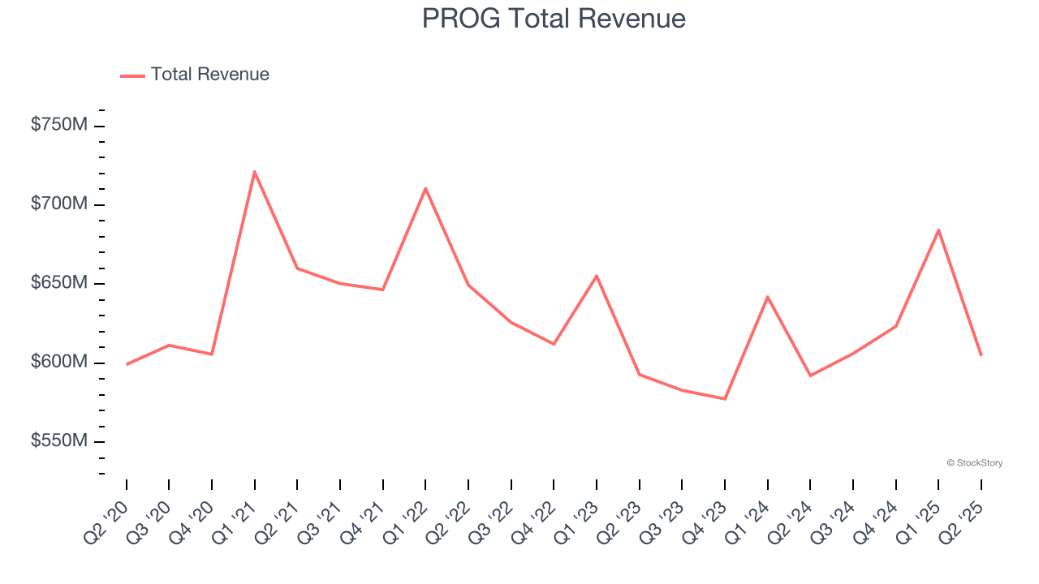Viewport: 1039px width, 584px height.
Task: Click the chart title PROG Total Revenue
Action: tap(554, 18)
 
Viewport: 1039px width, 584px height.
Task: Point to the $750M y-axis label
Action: tap(59, 125)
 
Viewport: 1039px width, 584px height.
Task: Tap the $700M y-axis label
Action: tap(59, 204)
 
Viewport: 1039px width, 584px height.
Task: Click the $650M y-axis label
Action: tap(59, 283)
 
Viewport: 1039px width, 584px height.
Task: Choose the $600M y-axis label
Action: tap(59, 362)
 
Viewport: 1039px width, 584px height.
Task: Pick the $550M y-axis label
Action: tap(59, 441)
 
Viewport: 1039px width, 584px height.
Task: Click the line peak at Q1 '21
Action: tap(255, 171)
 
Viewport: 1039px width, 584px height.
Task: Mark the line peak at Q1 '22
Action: tap(425, 188)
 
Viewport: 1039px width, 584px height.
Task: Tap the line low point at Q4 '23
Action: tap(725, 399)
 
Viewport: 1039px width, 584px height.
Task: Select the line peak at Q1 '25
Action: tap(938, 230)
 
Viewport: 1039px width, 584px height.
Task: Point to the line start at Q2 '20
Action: tap(127, 364)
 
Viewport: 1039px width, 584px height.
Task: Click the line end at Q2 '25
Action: tap(981, 355)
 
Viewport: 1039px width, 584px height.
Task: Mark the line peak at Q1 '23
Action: tap(597, 276)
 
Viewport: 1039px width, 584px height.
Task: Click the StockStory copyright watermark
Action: tap(974, 463)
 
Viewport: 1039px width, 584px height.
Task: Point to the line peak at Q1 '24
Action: tap(767, 297)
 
